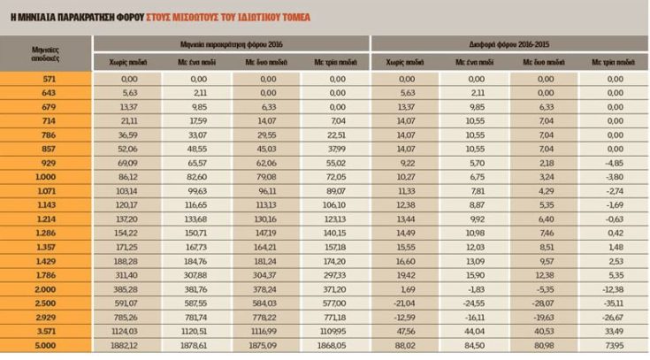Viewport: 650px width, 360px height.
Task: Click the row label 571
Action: click(x=46, y=80)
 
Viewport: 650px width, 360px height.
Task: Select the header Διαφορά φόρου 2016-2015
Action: click(x=509, y=42)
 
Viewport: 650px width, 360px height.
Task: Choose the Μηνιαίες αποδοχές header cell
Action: click(x=46, y=51)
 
